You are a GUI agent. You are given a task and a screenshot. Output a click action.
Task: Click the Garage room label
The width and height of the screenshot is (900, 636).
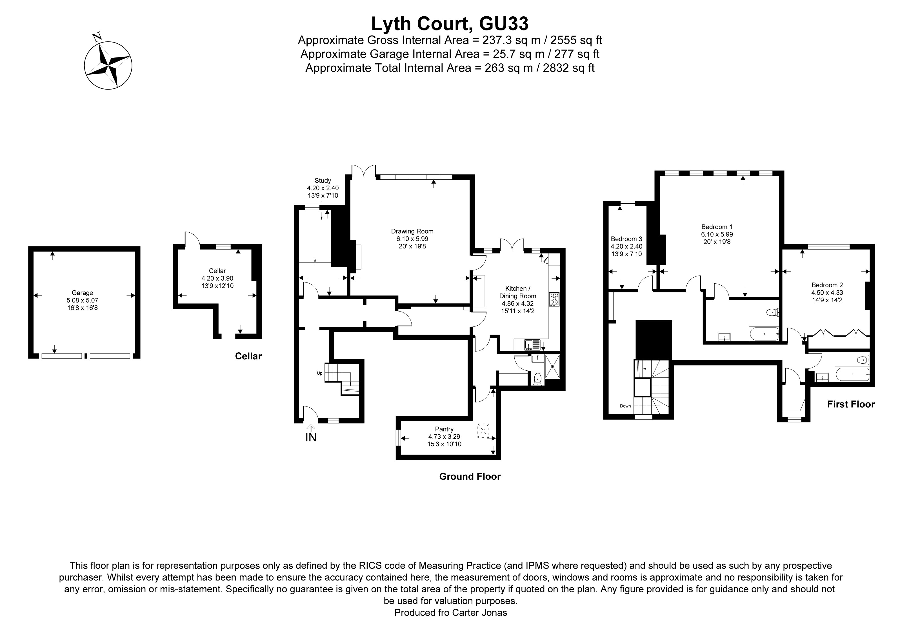pos(82,293)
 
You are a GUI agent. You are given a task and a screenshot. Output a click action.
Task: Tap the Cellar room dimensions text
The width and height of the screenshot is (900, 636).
pos(217,282)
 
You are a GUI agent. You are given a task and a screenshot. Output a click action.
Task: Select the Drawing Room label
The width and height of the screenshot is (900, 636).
pos(412,231)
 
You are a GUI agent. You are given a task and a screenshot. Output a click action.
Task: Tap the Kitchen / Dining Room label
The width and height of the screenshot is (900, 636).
pos(517,292)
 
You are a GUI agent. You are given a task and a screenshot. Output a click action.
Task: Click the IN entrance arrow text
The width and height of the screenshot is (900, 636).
pos(311,437)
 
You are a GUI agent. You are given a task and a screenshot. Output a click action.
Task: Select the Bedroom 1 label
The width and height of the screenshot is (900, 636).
pos(717,227)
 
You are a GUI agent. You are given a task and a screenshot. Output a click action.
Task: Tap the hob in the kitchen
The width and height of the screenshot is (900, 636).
pos(554,299)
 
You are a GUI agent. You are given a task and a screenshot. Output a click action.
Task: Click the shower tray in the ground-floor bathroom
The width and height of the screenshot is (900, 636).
pos(553,366)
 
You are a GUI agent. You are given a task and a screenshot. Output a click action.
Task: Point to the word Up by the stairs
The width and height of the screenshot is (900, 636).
pos(319,373)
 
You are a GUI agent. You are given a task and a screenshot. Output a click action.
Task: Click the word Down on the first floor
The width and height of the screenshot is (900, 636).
pos(625,406)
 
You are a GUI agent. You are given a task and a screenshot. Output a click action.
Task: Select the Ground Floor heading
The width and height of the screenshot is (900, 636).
pos(470,477)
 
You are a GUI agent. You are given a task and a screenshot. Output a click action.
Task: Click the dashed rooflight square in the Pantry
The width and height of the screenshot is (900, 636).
pos(483,431)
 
